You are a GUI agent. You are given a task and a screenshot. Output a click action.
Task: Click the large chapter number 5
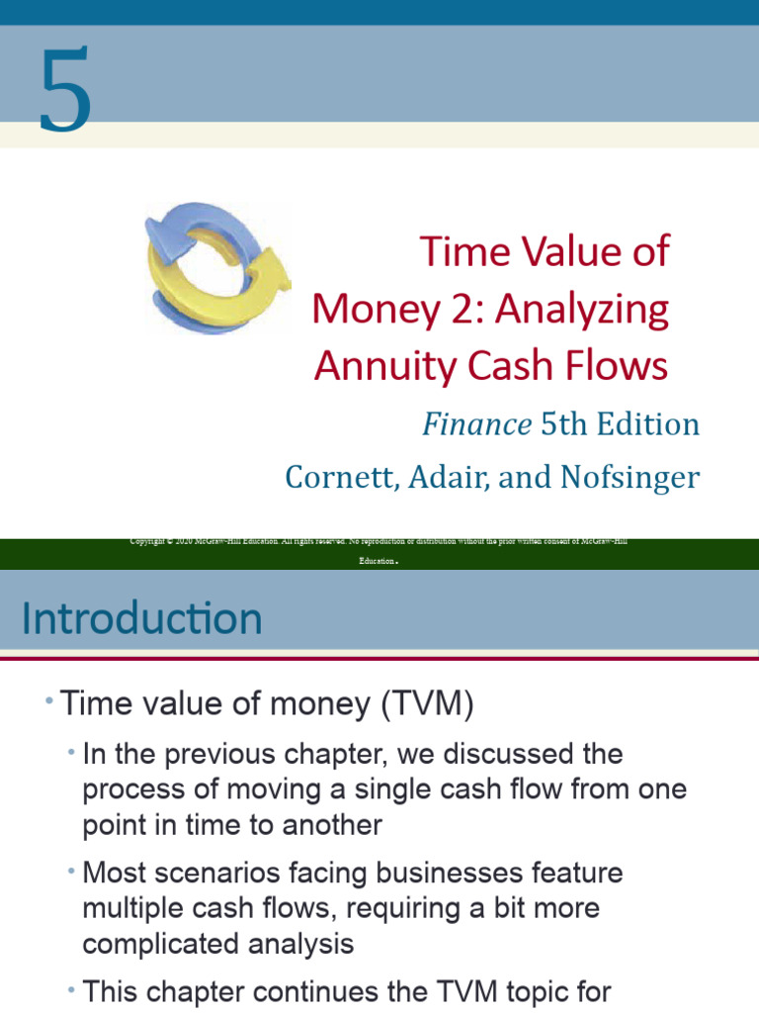(x=65, y=89)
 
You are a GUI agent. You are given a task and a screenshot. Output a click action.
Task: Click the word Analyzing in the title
(x=582, y=309)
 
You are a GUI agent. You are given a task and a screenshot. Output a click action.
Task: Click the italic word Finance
(x=476, y=424)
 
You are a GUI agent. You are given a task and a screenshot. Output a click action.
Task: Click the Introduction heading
(x=142, y=619)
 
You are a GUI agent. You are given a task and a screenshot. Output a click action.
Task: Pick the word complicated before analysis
(x=159, y=944)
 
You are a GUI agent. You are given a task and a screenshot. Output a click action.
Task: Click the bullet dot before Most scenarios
(x=72, y=871)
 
